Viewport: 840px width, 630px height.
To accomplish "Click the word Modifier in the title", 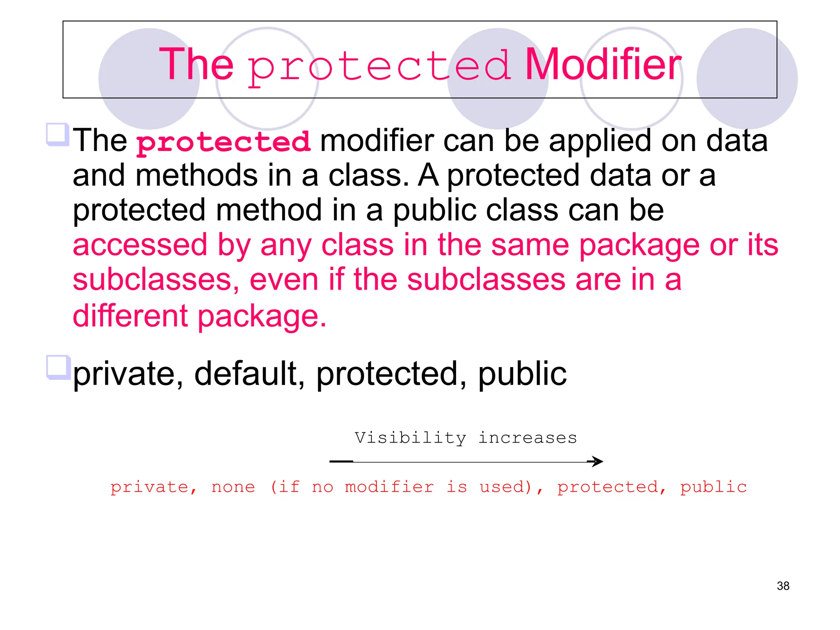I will (603, 64).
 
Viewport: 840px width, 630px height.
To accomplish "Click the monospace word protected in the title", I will (379, 66).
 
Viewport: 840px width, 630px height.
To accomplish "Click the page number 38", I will (783, 586).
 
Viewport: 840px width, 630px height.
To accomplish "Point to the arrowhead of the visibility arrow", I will (597, 461).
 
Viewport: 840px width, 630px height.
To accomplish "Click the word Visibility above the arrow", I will (410, 438).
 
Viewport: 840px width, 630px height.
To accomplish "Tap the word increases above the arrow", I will (528, 438).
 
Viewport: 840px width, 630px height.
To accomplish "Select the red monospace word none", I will (233, 487).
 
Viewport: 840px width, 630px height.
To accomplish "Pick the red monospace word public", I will (713, 487).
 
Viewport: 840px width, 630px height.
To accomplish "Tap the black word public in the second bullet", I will (522, 374).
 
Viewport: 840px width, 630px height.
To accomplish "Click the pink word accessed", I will (140, 245).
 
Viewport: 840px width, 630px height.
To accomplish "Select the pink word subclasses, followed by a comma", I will (156, 280).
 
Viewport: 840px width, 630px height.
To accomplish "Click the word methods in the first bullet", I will (196, 176).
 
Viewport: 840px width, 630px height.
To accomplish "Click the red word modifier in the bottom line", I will (389, 487).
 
